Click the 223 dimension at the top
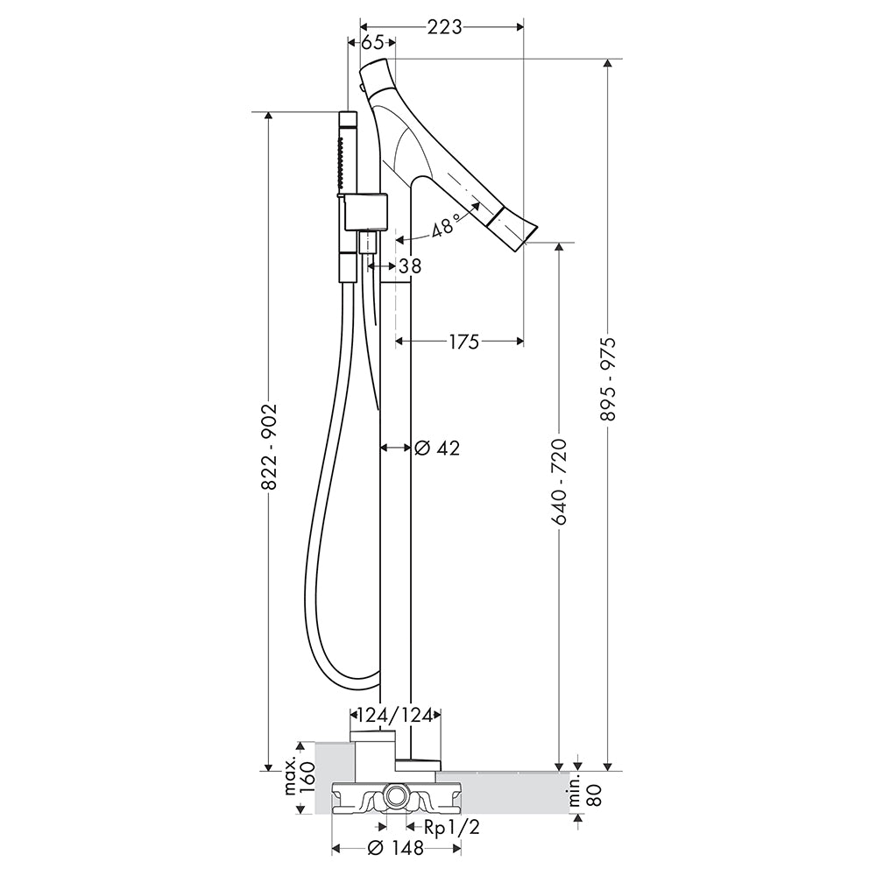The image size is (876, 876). click(x=445, y=26)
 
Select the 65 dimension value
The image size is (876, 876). click(x=372, y=43)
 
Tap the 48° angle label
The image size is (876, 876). click(x=445, y=224)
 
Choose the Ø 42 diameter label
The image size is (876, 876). click(x=437, y=448)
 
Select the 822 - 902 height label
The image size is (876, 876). click(x=269, y=447)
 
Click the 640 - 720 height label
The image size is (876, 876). click(x=559, y=482)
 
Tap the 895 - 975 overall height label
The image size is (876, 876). click(x=608, y=378)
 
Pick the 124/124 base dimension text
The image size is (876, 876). click(x=395, y=715)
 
